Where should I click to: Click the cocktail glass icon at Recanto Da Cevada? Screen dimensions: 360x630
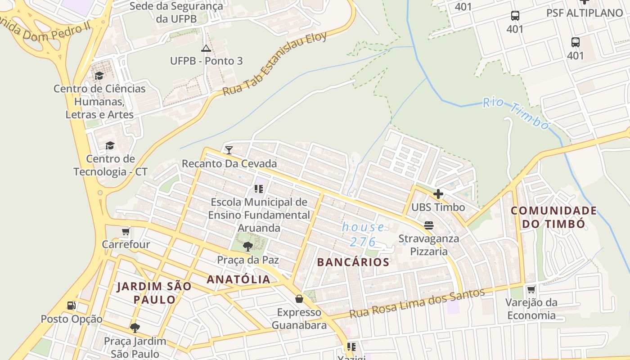click(229, 150)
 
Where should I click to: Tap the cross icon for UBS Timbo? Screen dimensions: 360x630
click(438, 194)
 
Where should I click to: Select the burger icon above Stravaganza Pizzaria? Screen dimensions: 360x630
click(428, 225)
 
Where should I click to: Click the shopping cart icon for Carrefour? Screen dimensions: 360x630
click(126, 232)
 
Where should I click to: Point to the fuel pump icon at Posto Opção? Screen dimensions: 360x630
click(71, 306)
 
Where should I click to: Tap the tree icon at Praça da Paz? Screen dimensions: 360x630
click(247, 246)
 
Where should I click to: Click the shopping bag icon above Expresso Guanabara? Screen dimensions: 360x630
click(299, 299)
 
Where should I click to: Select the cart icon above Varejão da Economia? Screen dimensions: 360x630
click(531, 289)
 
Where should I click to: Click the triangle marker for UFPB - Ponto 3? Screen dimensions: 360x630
click(206, 49)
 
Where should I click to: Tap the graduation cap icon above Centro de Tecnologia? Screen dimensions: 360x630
click(110, 145)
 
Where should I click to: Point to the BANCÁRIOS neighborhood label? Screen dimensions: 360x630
click(353, 262)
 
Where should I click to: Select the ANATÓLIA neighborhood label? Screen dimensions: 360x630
click(238, 279)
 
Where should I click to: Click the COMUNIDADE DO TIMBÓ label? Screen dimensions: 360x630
click(553, 217)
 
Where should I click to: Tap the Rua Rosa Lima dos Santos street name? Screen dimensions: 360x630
click(417, 303)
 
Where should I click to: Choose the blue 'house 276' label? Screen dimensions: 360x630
click(363, 234)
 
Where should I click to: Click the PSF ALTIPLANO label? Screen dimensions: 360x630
click(584, 13)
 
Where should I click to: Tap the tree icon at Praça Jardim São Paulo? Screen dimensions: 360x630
click(135, 328)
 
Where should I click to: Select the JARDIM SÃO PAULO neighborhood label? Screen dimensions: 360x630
click(154, 293)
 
